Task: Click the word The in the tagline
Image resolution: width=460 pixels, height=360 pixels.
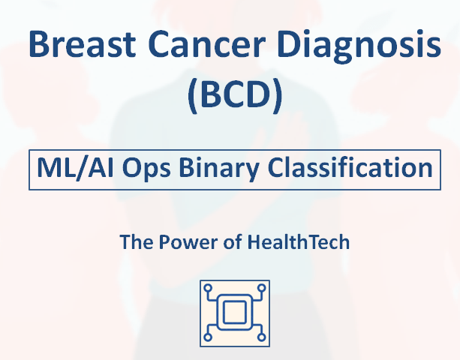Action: point(136,242)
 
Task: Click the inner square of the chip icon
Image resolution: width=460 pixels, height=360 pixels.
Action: point(234,313)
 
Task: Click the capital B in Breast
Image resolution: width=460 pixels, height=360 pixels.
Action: point(40,46)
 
